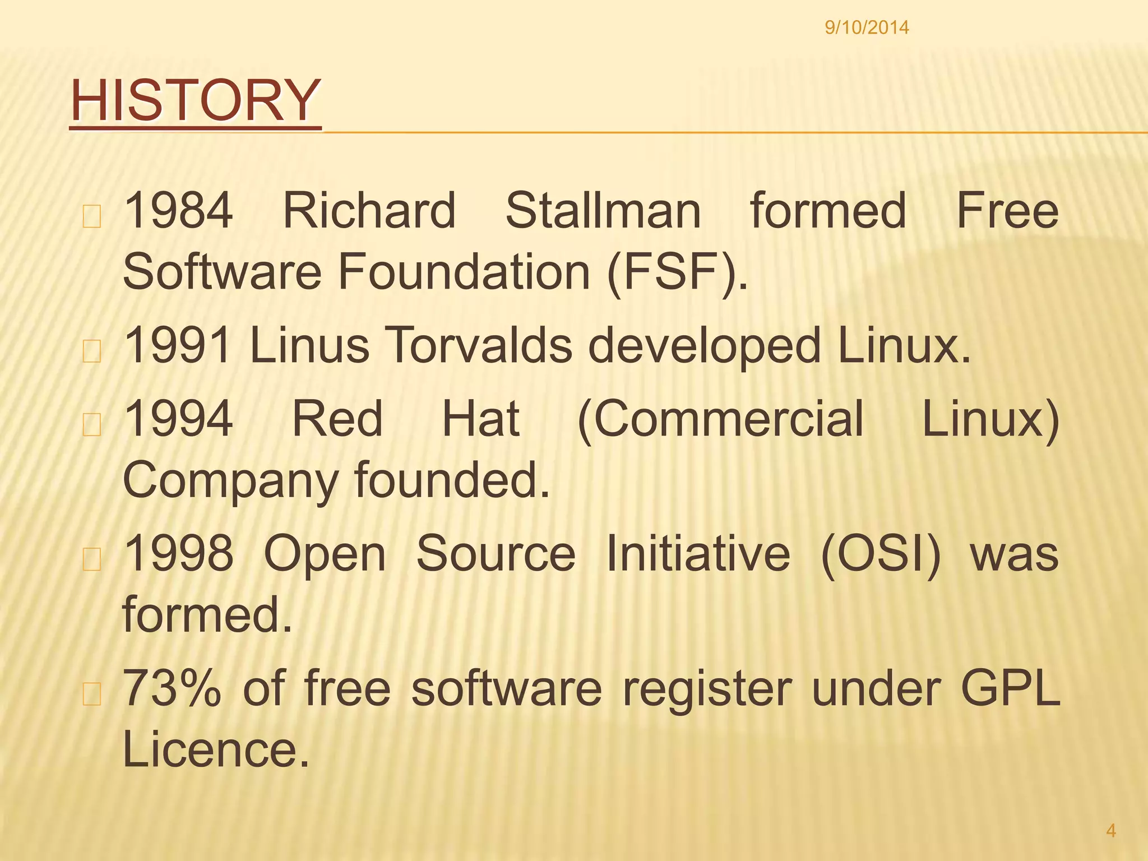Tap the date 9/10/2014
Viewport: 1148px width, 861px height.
(x=867, y=27)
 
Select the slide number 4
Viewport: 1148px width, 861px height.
(x=1111, y=830)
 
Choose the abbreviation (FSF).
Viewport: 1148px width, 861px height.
(x=677, y=272)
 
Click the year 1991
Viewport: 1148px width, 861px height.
(x=178, y=345)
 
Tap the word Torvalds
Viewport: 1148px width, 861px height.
(x=479, y=345)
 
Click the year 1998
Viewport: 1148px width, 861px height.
(x=178, y=553)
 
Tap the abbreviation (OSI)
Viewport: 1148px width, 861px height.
(x=881, y=553)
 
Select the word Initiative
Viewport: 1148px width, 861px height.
(x=698, y=553)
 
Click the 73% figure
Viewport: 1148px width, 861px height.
(x=172, y=688)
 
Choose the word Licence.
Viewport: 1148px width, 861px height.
(x=216, y=750)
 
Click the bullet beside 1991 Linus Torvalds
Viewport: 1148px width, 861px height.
(x=91, y=352)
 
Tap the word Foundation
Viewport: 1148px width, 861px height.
(x=464, y=272)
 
